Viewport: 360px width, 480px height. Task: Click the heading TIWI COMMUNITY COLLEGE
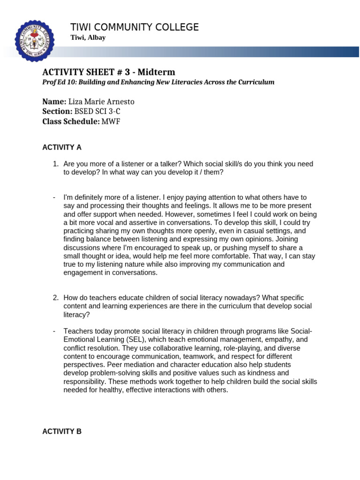[x=134, y=27]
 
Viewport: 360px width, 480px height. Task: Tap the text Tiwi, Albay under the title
[x=88, y=38]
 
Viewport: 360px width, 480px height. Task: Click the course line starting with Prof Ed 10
[x=158, y=82]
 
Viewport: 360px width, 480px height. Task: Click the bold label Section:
[x=57, y=112]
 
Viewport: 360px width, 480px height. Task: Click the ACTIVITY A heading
[x=62, y=147]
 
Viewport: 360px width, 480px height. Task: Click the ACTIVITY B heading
[x=62, y=432]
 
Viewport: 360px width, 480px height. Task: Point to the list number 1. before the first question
[x=55, y=164]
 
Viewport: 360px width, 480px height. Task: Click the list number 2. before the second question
[x=55, y=298]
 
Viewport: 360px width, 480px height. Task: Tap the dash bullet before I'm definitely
[x=54, y=197]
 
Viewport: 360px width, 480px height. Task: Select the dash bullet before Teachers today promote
[x=54, y=331]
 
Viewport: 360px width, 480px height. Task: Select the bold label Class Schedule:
[x=71, y=121]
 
